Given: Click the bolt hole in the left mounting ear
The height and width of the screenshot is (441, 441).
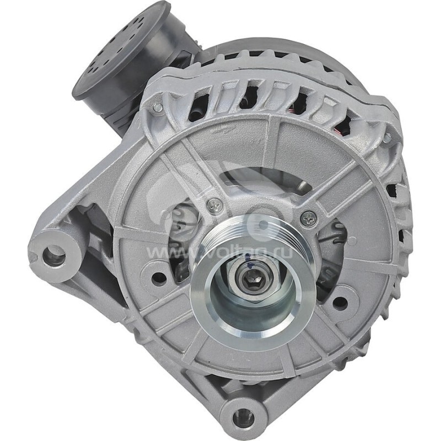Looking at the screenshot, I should pyautogui.click(x=53, y=255).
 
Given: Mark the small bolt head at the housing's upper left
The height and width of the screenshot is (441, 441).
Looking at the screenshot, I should pyautogui.click(x=158, y=108).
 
